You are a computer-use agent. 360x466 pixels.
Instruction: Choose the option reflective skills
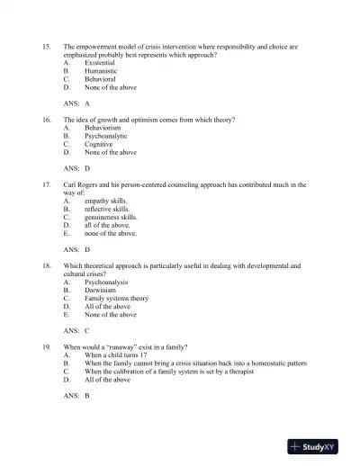tap(109, 209)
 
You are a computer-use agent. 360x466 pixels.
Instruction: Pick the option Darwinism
tap(100, 290)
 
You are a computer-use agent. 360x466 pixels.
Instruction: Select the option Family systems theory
tap(116, 298)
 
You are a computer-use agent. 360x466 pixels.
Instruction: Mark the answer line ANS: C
tap(76, 331)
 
